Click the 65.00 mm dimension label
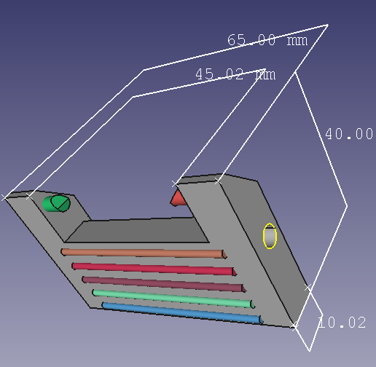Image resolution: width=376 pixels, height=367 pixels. click(x=267, y=41)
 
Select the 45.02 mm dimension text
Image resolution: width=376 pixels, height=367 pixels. click(x=235, y=74)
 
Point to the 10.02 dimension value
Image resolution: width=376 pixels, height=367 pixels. click(x=342, y=323)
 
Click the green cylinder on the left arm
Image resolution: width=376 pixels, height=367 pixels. click(x=56, y=203)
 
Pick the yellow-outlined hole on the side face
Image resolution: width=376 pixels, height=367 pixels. click(x=270, y=237)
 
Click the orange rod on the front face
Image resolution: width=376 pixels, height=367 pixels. click(x=143, y=253)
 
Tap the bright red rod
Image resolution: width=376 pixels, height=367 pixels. click(x=153, y=268)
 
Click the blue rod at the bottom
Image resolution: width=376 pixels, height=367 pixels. click(x=182, y=312)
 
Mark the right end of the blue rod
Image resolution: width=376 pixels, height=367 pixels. click(x=259, y=319)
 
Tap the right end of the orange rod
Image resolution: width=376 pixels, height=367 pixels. click(x=223, y=255)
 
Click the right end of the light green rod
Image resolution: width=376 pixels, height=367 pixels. click(x=251, y=304)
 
